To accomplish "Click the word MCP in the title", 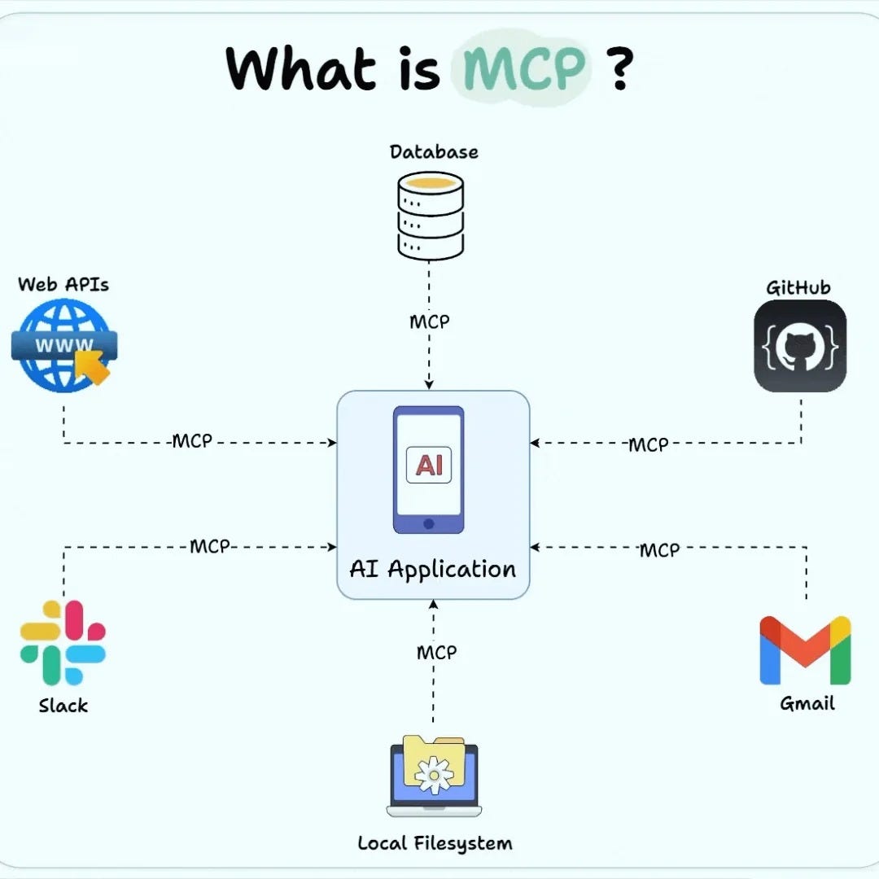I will [524, 69].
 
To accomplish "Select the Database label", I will [434, 152].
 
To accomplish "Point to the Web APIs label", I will [63, 284].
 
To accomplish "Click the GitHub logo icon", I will [800, 346].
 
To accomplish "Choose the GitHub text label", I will [798, 287].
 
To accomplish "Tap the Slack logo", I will [63, 642].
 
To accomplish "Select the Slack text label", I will [63, 705].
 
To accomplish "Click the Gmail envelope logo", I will [805, 650].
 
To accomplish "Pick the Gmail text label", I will [807, 704].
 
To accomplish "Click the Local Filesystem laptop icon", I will [434, 776].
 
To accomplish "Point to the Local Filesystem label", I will [435, 842].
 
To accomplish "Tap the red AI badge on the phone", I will [429, 464].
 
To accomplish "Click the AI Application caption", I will [433, 569].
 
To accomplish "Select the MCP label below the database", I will [429, 321].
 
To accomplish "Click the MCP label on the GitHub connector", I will [648, 444].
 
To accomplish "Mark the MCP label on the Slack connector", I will [210, 546].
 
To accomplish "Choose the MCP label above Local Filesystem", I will [436, 653].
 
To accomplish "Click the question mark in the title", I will [619, 69].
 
